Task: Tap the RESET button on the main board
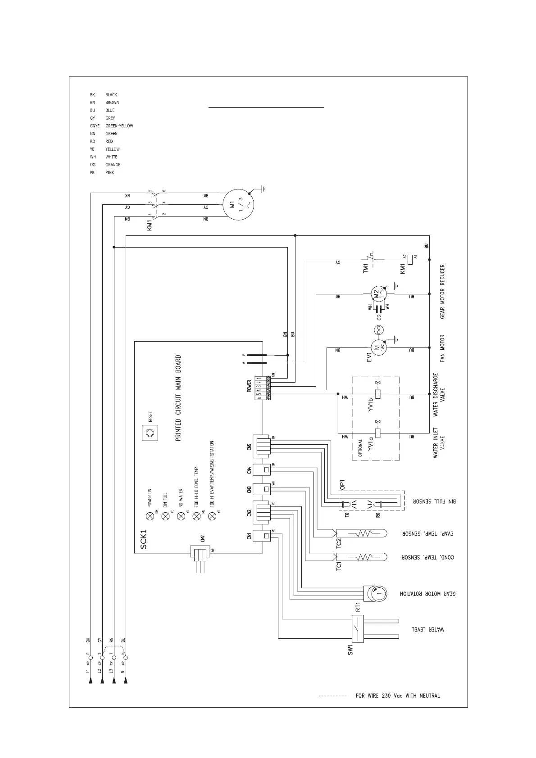150,433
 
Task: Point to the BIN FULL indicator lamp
165,516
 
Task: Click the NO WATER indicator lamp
181,516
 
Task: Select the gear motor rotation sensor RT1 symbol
373,594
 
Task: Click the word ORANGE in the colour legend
113,165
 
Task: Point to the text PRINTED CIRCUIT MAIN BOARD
178,398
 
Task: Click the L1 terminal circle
91,658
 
